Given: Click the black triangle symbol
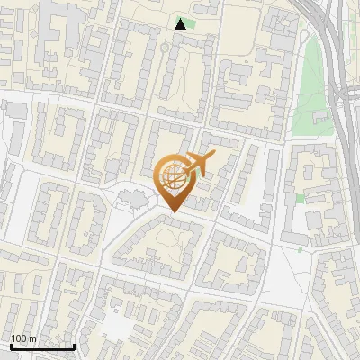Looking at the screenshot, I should point(182,24).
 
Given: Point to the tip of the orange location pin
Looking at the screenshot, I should point(172,212).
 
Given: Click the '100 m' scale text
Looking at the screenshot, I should point(24,338).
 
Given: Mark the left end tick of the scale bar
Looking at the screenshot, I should point(10,345).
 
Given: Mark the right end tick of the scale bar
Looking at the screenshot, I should point(74,345).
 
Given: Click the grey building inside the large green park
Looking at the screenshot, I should point(318,117).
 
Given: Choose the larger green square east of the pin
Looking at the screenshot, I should point(301,197).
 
